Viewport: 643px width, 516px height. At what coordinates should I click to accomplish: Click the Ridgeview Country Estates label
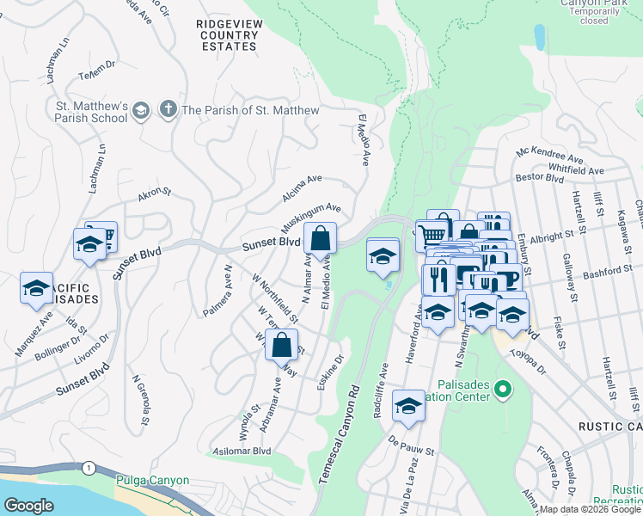(227, 35)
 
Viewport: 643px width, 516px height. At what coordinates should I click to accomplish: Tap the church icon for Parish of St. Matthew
(168, 110)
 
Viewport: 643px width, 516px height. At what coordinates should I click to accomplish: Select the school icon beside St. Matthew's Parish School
(139, 110)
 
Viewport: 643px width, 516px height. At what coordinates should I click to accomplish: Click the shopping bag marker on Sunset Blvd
(319, 239)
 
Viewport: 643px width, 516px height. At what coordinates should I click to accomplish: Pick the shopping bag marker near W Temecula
(283, 344)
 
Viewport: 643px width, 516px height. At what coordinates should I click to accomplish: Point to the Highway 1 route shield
(89, 467)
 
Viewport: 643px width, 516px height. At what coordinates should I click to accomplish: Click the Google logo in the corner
(28, 506)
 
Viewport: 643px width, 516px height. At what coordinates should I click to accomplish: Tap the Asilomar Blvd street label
(242, 451)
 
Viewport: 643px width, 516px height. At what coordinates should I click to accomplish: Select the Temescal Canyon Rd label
(340, 439)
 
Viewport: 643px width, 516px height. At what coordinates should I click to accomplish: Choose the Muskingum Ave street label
(310, 219)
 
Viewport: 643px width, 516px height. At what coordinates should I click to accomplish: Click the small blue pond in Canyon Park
(539, 37)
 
